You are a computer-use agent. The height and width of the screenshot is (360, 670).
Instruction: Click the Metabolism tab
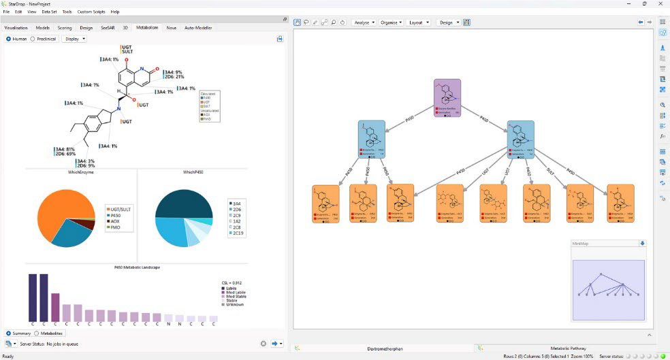coord(147,28)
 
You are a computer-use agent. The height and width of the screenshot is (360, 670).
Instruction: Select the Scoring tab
coord(65,28)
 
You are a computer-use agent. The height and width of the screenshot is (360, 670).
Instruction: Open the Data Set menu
coord(49,12)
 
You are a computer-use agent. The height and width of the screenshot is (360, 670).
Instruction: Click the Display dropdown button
coord(74,39)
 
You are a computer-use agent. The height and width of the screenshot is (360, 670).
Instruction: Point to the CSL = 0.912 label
coord(232,282)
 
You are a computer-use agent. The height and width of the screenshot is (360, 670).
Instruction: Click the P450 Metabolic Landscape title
coord(136,267)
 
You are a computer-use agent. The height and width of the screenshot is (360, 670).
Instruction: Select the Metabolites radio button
coord(50,333)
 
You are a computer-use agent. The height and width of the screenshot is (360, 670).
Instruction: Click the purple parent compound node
coord(447,98)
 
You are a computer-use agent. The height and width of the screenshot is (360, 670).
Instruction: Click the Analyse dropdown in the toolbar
coord(364,22)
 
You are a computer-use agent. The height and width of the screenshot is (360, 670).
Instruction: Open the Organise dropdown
coord(391,22)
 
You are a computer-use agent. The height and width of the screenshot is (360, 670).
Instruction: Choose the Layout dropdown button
coord(418,22)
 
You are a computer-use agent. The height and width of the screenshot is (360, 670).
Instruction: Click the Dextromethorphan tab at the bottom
coord(384,348)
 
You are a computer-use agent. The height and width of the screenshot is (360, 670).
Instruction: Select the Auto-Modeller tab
coord(198,28)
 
